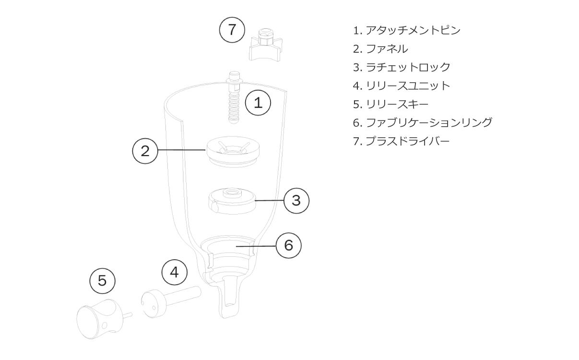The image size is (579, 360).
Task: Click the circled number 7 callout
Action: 232,30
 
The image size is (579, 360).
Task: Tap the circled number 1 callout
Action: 258,103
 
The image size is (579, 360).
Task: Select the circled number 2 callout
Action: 145,151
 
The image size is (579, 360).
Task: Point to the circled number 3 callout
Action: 296,200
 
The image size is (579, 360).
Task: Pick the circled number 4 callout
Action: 174,272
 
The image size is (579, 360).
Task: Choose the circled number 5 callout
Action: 103,280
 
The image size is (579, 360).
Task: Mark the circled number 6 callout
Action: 288,245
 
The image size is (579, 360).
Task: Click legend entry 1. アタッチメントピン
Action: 406,30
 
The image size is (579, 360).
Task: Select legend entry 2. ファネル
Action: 380,48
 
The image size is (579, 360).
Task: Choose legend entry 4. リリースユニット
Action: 402,85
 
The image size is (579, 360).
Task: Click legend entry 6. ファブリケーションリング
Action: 422,122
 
